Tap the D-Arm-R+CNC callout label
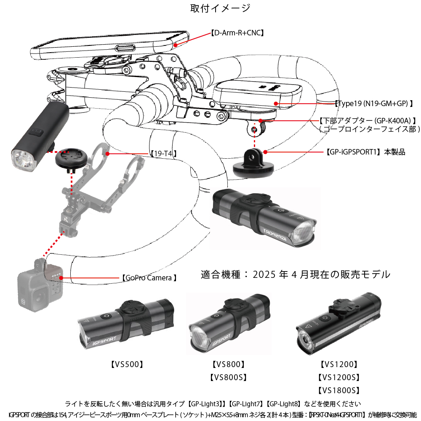(237, 32)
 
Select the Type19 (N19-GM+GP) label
(373, 103)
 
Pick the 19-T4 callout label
(163, 154)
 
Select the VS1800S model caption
(339, 390)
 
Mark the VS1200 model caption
(339, 365)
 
